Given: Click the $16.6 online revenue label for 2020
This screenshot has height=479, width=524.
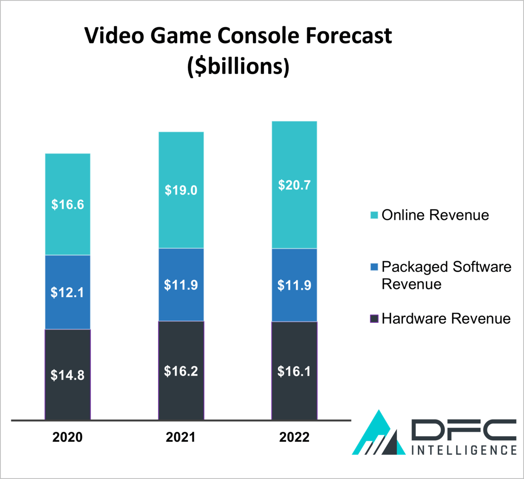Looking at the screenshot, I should tap(67, 205).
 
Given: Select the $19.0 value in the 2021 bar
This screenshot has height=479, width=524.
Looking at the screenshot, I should tap(181, 190).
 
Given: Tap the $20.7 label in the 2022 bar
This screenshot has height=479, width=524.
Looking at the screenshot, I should tap(294, 185).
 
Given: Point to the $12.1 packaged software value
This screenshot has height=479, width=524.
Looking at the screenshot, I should tap(67, 293).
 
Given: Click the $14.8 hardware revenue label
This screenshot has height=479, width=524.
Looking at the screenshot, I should tap(67, 375).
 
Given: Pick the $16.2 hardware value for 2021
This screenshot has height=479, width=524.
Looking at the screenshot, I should tap(181, 371).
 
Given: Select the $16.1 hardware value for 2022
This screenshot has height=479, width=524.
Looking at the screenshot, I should tap(294, 371).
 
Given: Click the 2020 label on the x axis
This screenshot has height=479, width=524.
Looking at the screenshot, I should tap(67, 437).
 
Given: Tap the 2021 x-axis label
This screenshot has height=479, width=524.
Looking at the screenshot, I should tap(181, 437).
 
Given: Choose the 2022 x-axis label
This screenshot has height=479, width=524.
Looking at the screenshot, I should tap(294, 437).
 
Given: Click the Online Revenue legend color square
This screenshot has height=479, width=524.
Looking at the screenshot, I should tap(374, 215).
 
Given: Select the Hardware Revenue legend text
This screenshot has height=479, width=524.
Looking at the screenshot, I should tap(446, 318).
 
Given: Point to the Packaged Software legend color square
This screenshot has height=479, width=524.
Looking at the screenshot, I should tap(374, 267).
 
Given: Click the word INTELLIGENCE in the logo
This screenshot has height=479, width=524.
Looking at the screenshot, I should tap(464, 450).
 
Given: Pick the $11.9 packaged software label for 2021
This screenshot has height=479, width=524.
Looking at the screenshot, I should tap(181, 285).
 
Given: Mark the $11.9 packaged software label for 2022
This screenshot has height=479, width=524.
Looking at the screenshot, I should tap(294, 285).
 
